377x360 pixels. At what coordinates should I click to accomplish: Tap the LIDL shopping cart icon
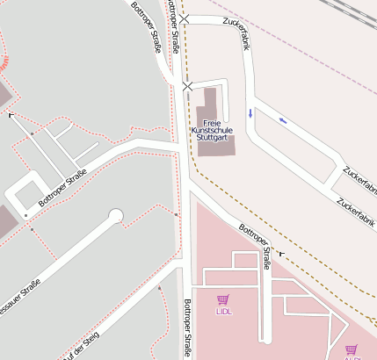tap(222, 300)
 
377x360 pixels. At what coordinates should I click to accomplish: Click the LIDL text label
tap(223, 312)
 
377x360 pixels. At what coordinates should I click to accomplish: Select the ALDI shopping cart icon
tap(352, 349)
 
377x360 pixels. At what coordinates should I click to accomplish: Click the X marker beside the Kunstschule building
tap(187, 86)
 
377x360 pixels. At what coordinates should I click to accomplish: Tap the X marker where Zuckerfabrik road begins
tap(184, 18)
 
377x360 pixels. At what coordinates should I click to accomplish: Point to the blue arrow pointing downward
tap(250, 112)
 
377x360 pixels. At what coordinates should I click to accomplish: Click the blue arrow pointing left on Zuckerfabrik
tap(282, 120)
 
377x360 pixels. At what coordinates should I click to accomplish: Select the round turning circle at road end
tap(115, 216)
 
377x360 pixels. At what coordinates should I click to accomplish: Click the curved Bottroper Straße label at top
tap(147, 28)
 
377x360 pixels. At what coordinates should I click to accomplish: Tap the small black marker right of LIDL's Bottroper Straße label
tap(281, 253)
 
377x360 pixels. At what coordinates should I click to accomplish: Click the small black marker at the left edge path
tap(11, 115)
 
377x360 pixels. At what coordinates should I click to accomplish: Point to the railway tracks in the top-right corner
tap(352, 11)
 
